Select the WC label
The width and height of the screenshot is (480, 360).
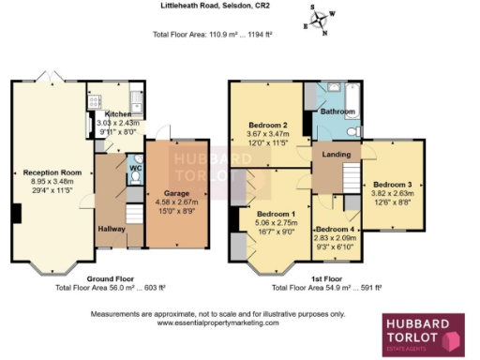coord(135,170)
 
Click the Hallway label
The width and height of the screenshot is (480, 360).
coord(112,228)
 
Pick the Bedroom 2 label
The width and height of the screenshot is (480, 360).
coord(267,125)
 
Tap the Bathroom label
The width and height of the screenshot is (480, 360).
coord(338,112)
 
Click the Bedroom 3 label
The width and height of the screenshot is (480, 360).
coord(391,184)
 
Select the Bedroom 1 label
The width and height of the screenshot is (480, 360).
coord(275,213)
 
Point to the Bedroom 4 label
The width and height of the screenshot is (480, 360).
coord(335,230)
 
